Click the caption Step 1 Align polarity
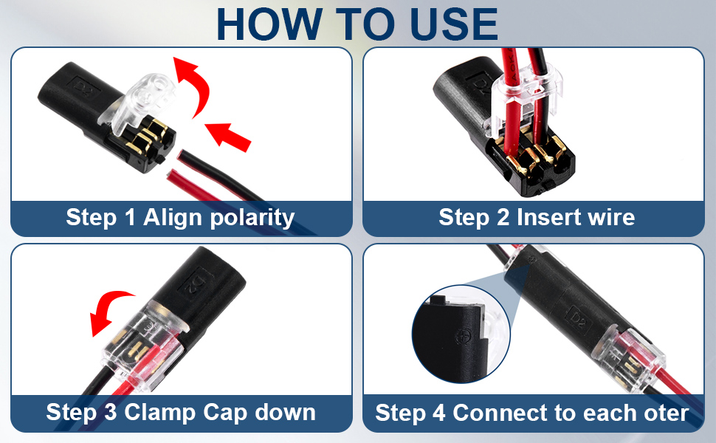pyautogui.click(x=180, y=218)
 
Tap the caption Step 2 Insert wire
pyautogui.click(x=536, y=218)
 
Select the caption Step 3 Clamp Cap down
pyautogui.click(x=181, y=412)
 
